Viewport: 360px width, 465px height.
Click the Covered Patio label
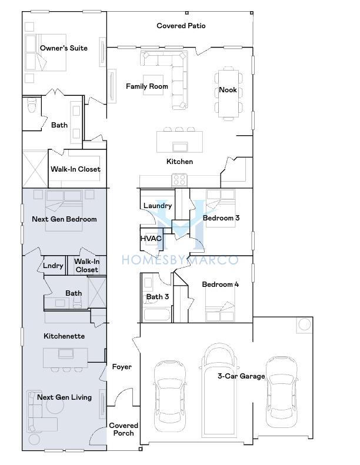pyautogui.click(x=181, y=26)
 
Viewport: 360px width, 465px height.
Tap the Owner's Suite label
pyautogui.click(x=64, y=48)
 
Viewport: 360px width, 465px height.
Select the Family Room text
pyautogui.click(x=147, y=86)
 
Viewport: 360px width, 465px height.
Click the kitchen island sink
pyautogui.click(x=180, y=146)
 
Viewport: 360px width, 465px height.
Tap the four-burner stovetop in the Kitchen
pyautogui.click(x=180, y=180)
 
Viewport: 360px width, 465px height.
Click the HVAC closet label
pyautogui.click(x=151, y=239)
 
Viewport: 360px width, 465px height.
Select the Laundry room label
pyautogui.click(x=158, y=206)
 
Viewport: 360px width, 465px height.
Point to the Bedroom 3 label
pyautogui.click(x=221, y=218)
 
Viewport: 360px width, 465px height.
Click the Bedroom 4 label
pyautogui.click(x=220, y=285)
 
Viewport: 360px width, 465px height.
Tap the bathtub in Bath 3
pyautogui.click(x=156, y=315)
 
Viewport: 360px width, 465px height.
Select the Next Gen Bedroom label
pyautogui.click(x=64, y=219)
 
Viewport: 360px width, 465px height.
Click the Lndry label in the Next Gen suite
pyautogui.click(x=53, y=265)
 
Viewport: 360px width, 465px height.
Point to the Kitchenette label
pyautogui.click(x=64, y=336)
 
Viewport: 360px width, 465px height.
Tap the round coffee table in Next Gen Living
pyautogui.click(x=55, y=405)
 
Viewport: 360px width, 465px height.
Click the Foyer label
pyautogui.click(x=122, y=367)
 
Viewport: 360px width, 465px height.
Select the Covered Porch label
pyautogui.click(x=124, y=429)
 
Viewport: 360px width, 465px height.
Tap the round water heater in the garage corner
pyautogui.click(x=304, y=325)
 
